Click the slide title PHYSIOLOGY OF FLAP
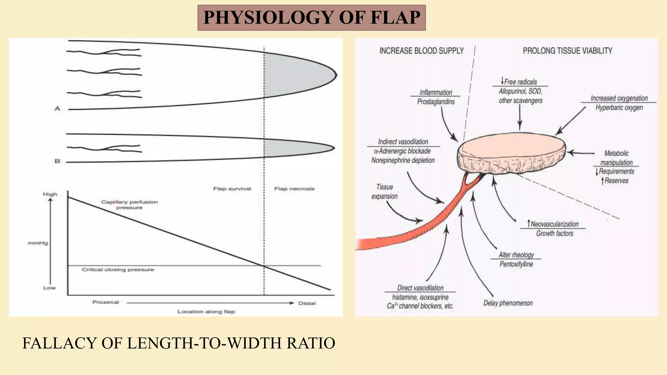point(311,18)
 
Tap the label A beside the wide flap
point(57,109)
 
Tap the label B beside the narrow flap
point(57,161)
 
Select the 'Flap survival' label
point(232,189)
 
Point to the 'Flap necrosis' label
point(294,189)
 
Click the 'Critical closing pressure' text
point(118,270)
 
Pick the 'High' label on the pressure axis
point(50,194)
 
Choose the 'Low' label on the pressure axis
point(50,288)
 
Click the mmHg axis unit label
point(38,243)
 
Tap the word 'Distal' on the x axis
point(307,303)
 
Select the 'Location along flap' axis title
point(206,312)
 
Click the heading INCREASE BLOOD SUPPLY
point(421,51)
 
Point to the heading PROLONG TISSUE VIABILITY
point(567,51)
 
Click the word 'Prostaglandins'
point(436,102)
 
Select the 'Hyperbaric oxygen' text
point(619,108)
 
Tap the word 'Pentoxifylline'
point(516,264)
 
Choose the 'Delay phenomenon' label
point(508,303)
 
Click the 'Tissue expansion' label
point(384,192)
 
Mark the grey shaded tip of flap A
point(296,75)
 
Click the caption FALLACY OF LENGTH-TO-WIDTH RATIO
point(178,343)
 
